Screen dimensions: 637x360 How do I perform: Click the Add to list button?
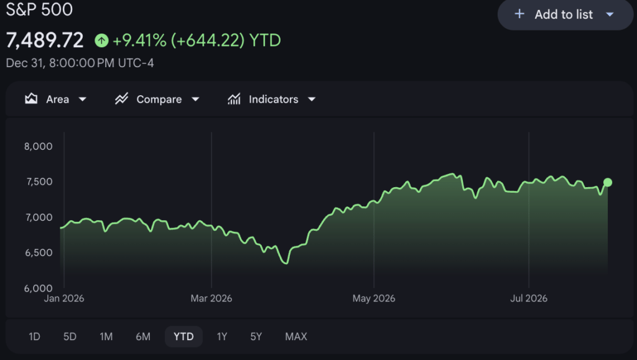[x=565, y=14]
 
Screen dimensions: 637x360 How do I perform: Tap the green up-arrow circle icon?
[x=101, y=40]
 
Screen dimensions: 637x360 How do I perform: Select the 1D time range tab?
[x=35, y=336]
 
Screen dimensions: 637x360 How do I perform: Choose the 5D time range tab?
[x=70, y=336]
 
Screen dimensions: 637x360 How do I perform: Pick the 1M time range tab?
[x=106, y=336]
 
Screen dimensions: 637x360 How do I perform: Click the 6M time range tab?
[x=143, y=336]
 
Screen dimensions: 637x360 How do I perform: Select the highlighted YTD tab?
[x=184, y=336]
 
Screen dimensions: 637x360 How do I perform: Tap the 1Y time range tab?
[x=222, y=336]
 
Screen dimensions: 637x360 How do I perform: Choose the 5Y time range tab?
[x=256, y=336]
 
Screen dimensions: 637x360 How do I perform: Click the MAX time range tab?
[x=296, y=336]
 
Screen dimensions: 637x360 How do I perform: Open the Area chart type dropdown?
[x=55, y=99]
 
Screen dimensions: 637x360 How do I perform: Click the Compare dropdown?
[x=157, y=99]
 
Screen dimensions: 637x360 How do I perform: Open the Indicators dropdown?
[x=271, y=99]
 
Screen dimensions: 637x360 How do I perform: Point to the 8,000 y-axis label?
[x=38, y=147]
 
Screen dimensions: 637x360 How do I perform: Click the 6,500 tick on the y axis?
[x=39, y=253]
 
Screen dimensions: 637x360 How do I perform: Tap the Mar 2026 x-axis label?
[x=212, y=298]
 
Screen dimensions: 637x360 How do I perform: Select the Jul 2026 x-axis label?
[x=529, y=298]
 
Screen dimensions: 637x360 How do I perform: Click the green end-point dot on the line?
[x=608, y=183]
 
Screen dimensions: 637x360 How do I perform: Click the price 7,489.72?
[x=45, y=40]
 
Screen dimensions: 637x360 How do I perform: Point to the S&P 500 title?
[x=39, y=9]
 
